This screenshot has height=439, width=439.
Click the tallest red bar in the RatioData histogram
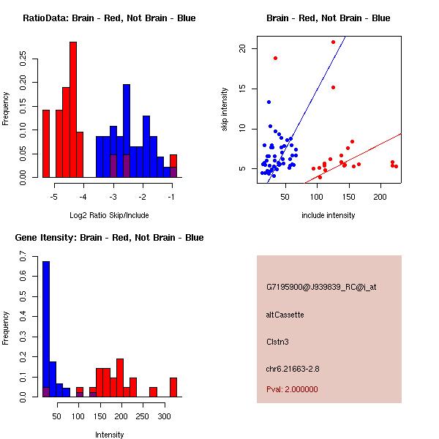click(x=73, y=110)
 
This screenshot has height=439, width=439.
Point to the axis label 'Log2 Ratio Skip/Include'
click(x=110, y=215)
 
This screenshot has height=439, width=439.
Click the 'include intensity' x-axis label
click(x=329, y=215)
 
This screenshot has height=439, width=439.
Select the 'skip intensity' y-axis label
click(x=225, y=110)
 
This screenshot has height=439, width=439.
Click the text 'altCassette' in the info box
click(x=285, y=315)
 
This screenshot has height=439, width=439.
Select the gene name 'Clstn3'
click(x=278, y=341)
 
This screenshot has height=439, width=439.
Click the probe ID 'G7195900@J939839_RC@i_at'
click(x=321, y=288)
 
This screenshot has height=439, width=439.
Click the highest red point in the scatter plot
click(x=333, y=42)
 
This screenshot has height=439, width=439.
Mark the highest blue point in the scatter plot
click(x=269, y=102)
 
